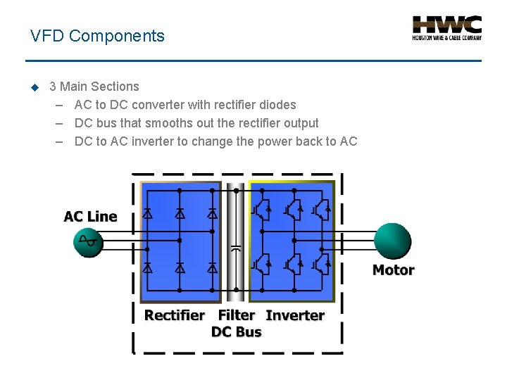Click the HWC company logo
tap(446, 27)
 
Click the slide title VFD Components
tap(97, 36)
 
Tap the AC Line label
tap(90, 216)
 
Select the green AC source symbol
tap(89, 241)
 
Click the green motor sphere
tap(392, 241)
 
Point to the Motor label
tap(393, 270)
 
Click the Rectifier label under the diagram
tap(175, 315)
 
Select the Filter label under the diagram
tap(236, 315)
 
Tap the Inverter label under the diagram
tap(295, 315)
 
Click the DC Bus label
tap(236, 332)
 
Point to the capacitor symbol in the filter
tap(236, 248)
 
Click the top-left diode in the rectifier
tap(147, 213)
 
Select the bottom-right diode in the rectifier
tap(212, 267)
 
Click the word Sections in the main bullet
tap(115, 87)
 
